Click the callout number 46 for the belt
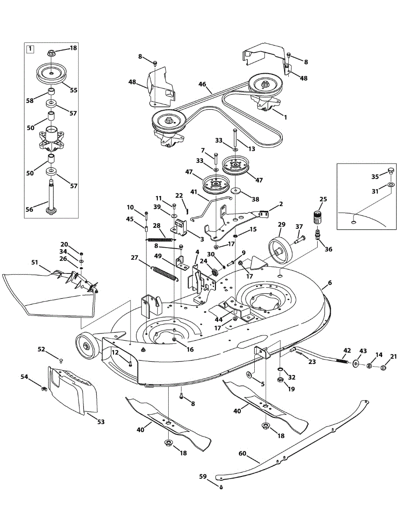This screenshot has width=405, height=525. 202,84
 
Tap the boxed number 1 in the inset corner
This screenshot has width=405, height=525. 30,49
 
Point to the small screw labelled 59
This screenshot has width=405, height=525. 221,487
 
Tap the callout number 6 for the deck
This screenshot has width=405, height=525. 329,283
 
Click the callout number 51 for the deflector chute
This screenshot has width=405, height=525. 35,262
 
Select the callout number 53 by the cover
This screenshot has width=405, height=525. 101,422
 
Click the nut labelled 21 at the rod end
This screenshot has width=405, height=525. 383,367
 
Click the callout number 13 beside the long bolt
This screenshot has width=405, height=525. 251,149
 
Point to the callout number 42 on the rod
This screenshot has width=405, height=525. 347,350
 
